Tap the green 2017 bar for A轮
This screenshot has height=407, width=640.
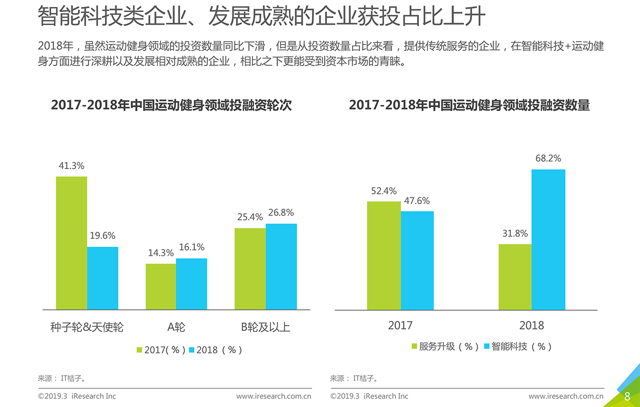160,286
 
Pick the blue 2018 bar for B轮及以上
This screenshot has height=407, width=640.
281,266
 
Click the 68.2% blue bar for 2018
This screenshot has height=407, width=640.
548,240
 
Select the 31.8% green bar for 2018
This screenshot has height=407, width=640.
515,277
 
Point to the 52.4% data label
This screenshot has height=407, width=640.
384,191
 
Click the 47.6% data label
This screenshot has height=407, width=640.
417,201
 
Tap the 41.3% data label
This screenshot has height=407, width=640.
71,166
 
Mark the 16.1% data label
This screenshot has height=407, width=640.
191,247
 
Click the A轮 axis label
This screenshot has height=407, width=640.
176,327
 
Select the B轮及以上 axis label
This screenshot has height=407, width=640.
265,327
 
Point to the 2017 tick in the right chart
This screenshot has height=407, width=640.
400,325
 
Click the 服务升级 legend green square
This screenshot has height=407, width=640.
414,346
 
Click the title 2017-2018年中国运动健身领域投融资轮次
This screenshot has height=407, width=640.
171,105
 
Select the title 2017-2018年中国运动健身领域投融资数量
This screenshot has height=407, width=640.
469,105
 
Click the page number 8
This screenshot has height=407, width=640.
627,396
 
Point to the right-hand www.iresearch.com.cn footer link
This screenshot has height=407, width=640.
565,396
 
